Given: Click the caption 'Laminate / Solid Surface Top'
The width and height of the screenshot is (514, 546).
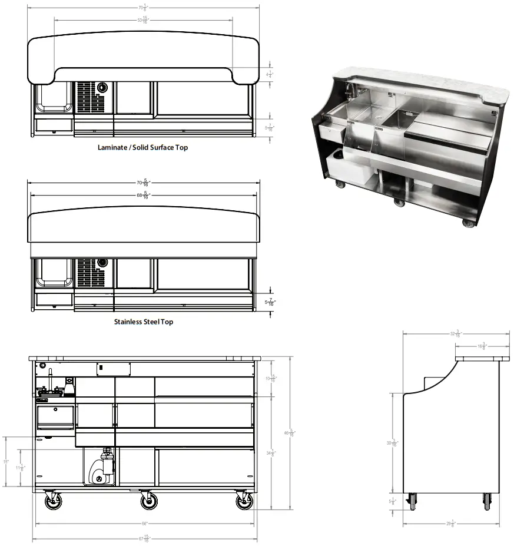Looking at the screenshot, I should (x=142, y=147).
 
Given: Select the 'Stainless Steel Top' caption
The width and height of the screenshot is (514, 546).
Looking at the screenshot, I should (x=143, y=322).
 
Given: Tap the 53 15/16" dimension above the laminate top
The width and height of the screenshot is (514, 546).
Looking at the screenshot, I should (x=143, y=19).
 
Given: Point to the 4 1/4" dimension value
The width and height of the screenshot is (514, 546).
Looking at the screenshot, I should (x=270, y=75).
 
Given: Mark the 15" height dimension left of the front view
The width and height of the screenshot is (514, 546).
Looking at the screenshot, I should (x=6, y=462).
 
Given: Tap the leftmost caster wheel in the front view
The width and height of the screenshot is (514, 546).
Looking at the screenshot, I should (x=53, y=501).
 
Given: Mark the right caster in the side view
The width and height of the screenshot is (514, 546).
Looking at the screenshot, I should (x=488, y=501).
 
